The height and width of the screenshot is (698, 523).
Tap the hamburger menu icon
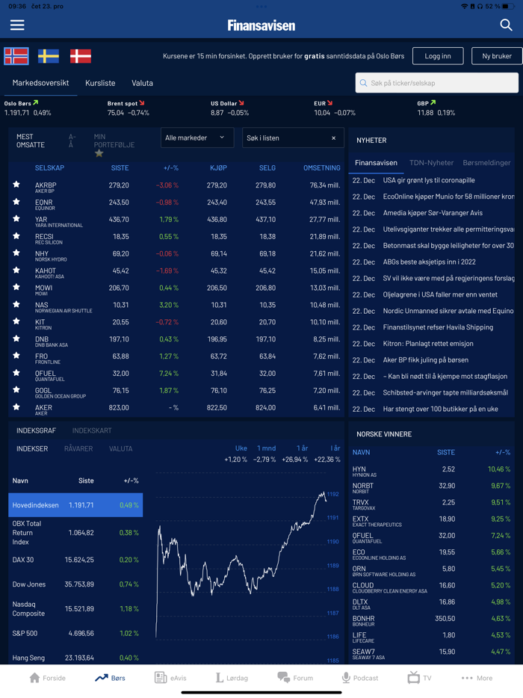[x=17, y=25]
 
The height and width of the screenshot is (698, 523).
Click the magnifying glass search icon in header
[x=506, y=25]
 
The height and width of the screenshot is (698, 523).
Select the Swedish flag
[x=49, y=56]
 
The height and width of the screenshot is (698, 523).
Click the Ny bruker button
[x=496, y=56]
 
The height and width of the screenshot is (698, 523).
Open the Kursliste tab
[x=100, y=83]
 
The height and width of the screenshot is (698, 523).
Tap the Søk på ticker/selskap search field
[x=437, y=83]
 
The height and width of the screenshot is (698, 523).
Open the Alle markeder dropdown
[x=196, y=138]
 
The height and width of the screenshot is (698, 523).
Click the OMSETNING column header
[x=321, y=168]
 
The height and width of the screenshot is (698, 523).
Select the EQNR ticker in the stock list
[x=44, y=202]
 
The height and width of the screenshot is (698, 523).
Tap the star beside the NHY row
[x=16, y=253]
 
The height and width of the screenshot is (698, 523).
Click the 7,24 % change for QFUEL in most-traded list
[x=169, y=373]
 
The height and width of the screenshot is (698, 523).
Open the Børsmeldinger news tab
[x=486, y=162]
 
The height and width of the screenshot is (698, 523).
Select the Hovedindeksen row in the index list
[x=75, y=505]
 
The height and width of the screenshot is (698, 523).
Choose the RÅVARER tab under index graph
[x=78, y=449]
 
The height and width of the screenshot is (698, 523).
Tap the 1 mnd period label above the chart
[x=266, y=448]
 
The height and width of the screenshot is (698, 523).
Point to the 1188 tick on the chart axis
[x=332, y=589]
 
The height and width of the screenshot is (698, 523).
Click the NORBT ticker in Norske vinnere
[x=363, y=486]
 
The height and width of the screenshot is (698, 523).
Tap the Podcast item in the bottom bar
[x=360, y=678]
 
